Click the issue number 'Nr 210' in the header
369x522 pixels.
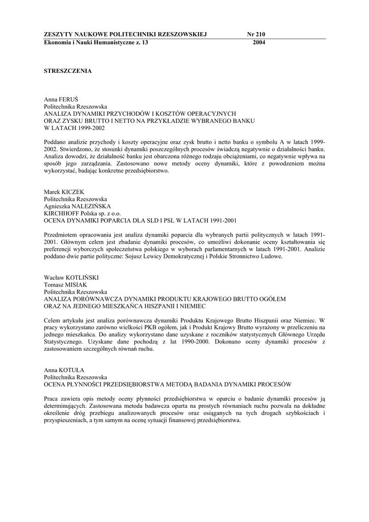256,34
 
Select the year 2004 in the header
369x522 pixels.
259,43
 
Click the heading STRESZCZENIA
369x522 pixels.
68,71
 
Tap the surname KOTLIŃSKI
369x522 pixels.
83,277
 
